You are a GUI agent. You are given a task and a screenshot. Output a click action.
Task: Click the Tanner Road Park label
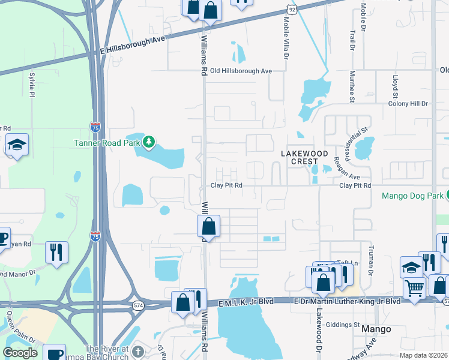click(106, 143)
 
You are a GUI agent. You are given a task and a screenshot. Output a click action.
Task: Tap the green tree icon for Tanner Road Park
click(149, 143)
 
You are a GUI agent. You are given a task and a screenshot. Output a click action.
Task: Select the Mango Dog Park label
click(412, 196)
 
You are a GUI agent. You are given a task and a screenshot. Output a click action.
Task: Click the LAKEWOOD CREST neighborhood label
click(304, 158)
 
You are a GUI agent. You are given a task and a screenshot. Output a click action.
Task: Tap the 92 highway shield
click(292, 10)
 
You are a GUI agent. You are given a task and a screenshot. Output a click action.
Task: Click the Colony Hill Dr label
click(408, 104)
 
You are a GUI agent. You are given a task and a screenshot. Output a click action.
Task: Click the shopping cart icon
click(414, 289)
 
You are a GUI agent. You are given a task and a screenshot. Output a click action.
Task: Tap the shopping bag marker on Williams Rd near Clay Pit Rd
click(209, 227)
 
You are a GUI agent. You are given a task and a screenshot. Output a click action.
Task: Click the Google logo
click(20, 353)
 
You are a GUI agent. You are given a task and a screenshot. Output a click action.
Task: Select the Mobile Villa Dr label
click(286, 37)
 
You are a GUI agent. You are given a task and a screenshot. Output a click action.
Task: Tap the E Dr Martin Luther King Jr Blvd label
click(346, 300)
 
